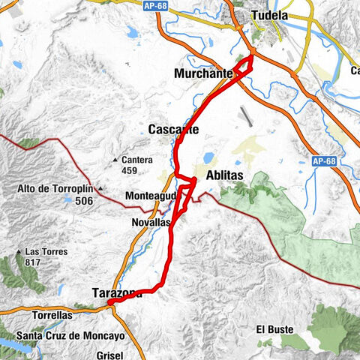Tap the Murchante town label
(x=202, y=73)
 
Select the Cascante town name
(x=173, y=129)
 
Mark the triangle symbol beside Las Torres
(x=19, y=251)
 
